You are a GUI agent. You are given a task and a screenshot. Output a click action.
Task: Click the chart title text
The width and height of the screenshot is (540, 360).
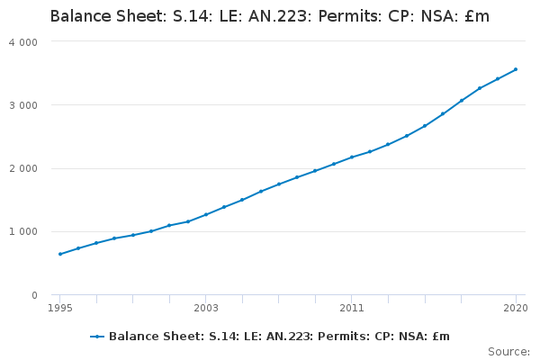(270, 16)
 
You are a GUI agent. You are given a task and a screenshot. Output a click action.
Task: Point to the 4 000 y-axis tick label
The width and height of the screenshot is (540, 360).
(23, 42)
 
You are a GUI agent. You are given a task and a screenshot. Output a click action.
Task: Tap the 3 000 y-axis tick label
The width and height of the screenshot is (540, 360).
(23, 105)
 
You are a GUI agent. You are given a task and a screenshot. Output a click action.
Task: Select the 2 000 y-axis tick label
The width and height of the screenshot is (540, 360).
(23, 169)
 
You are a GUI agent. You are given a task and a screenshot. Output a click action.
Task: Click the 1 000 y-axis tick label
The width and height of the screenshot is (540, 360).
(23, 231)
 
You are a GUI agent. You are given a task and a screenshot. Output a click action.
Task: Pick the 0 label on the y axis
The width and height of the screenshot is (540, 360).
(34, 295)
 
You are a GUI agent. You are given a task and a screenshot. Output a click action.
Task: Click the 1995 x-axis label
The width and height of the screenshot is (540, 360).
(60, 308)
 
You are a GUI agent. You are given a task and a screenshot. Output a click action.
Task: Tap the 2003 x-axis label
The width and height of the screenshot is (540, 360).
(206, 308)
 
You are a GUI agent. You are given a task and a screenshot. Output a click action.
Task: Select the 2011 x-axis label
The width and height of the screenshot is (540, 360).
(352, 308)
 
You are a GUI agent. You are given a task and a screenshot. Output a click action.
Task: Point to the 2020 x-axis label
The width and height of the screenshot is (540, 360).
(516, 308)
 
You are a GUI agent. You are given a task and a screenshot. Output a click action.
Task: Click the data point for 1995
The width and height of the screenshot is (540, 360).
(60, 254)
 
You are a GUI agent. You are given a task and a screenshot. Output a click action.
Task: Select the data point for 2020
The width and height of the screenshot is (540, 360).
(516, 69)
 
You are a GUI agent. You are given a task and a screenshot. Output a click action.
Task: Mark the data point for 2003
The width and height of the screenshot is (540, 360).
(206, 214)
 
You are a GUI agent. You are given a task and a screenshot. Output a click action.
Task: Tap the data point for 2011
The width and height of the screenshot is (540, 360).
(352, 157)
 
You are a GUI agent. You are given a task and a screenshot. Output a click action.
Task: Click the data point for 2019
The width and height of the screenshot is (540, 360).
(498, 79)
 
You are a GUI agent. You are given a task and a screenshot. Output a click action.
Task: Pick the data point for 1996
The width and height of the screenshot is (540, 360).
(78, 248)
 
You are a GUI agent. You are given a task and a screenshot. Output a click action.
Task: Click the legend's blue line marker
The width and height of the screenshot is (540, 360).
(97, 337)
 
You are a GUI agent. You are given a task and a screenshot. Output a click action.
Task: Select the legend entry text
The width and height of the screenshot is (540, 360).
(279, 337)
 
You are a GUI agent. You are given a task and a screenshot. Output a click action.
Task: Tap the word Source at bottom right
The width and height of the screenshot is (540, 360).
(508, 352)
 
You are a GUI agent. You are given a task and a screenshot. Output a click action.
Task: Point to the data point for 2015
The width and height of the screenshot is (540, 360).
(425, 126)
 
